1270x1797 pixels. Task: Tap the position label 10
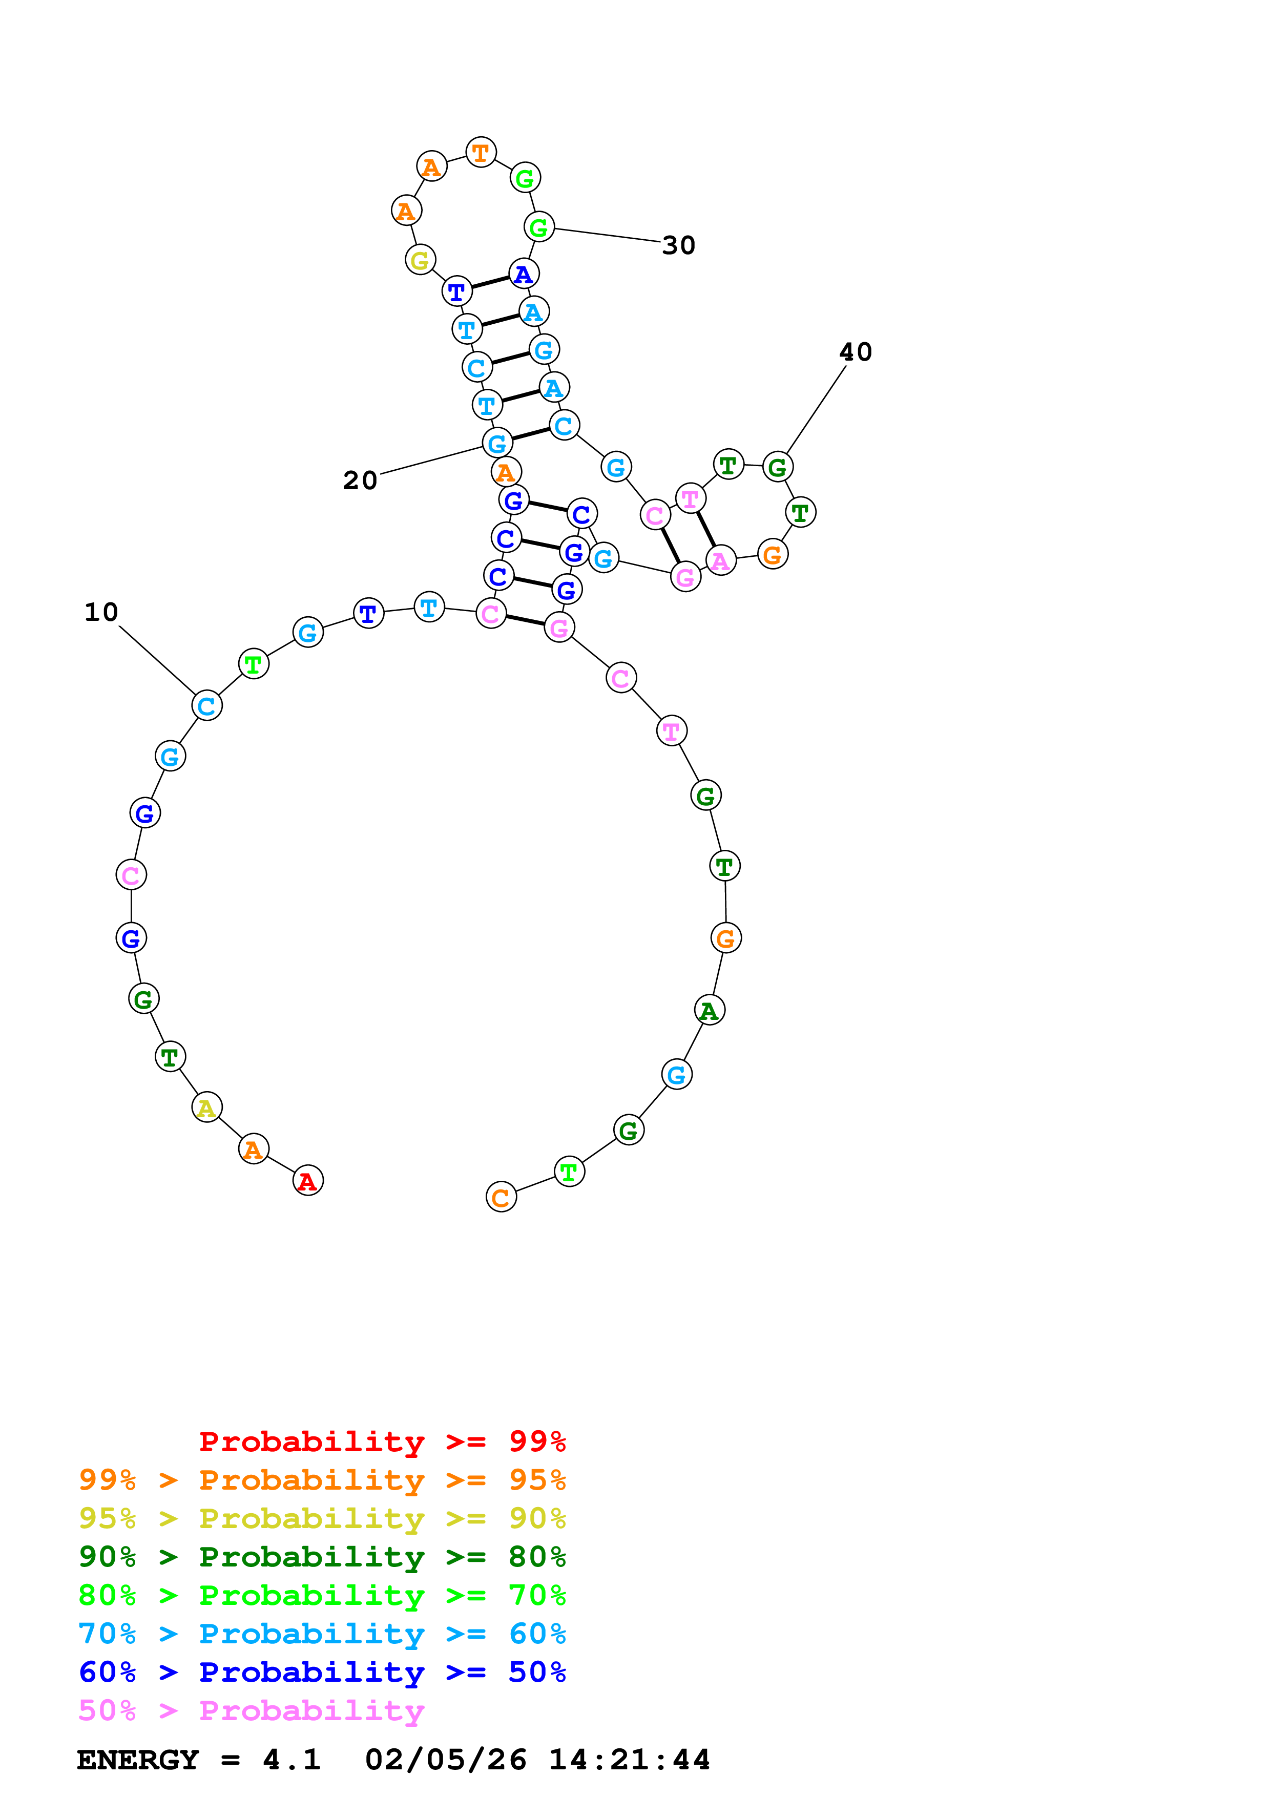click(x=101, y=612)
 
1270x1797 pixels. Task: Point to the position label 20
click(x=360, y=480)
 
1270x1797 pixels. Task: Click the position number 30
click(x=678, y=246)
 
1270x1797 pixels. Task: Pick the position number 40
click(x=855, y=352)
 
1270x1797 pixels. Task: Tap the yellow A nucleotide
click(x=206, y=1108)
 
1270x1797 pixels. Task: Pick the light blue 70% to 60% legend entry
click(x=322, y=1634)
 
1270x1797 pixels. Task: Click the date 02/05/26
click(x=445, y=1760)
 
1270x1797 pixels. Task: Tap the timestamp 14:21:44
click(x=629, y=1760)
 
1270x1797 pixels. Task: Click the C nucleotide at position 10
click(x=206, y=705)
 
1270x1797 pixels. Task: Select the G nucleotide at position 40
click(x=777, y=467)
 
